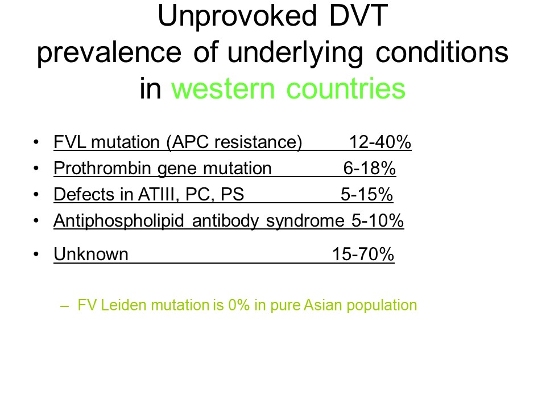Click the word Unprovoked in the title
point(237,17)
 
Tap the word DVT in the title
point(358,16)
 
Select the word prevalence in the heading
point(109,53)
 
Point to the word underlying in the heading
point(295,53)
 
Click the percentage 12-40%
point(380,142)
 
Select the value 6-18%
point(370,169)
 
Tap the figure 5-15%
point(367,195)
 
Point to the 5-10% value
point(378,221)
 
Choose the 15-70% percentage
point(363,254)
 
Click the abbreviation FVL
point(69,142)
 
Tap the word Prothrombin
point(102,169)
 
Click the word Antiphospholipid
point(119,221)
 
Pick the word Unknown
point(91,254)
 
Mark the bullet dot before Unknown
point(36,255)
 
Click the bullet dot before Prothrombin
point(36,169)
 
